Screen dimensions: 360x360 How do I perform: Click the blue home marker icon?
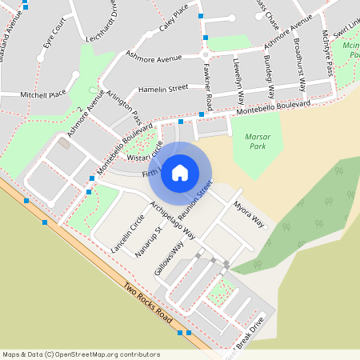tap(180, 172)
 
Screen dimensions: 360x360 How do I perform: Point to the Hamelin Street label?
tap(162, 87)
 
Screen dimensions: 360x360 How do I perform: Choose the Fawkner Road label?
tap(208, 88)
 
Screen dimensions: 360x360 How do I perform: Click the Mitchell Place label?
tap(43, 94)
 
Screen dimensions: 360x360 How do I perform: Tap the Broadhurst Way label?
tap(299, 62)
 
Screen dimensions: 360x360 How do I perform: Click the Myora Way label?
tap(249, 215)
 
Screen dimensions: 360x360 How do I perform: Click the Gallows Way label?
tap(170, 256)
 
